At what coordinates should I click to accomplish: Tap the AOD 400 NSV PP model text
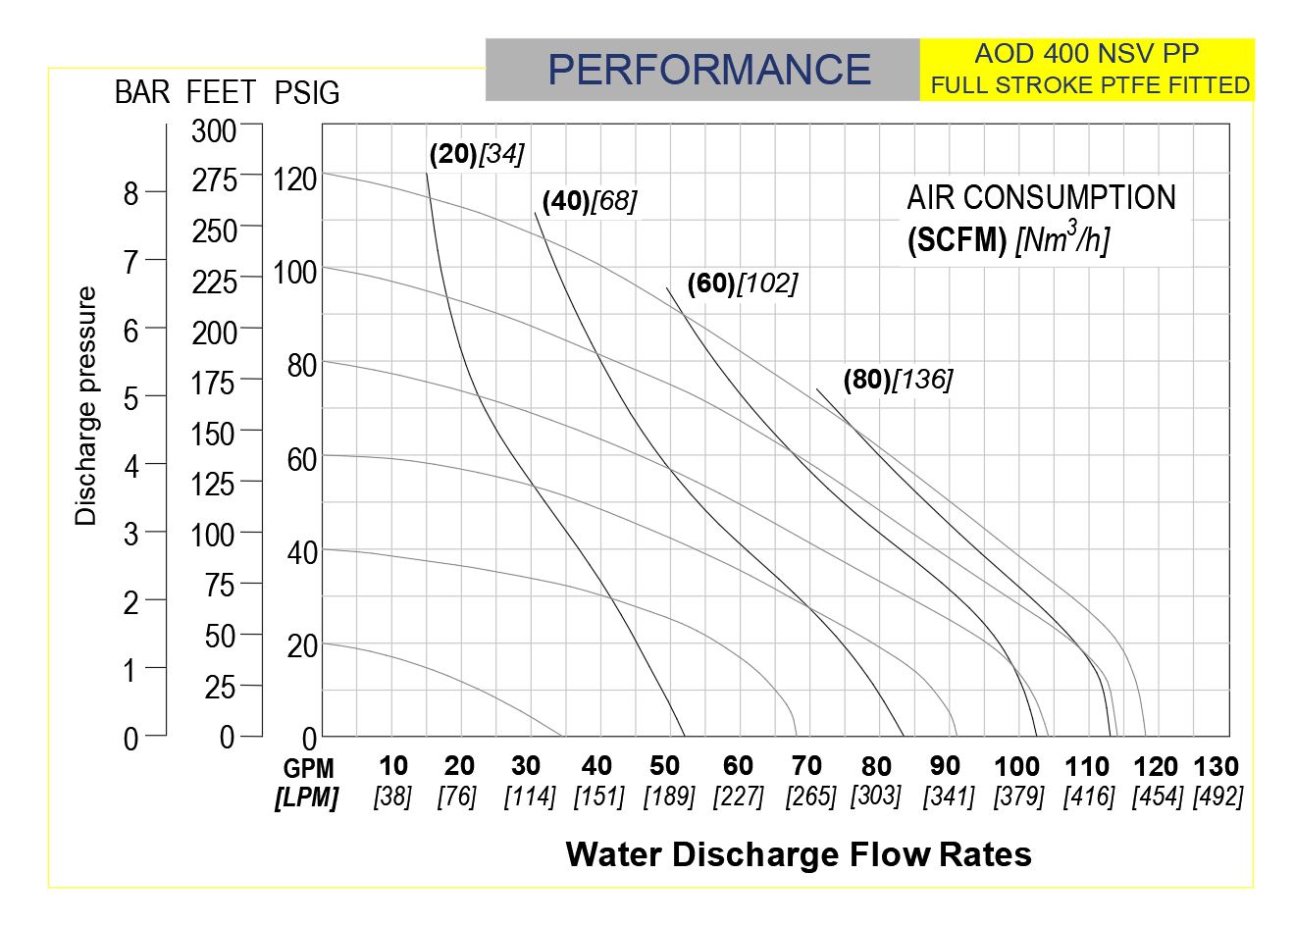[x=1086, y=54]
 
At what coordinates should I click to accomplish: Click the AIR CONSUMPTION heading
[x=1040, y=198]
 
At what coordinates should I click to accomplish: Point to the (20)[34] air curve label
[x=476, y=154]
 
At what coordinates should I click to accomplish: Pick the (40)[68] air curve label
[x=589, y=201]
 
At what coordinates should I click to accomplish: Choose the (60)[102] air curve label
[x=742, y=283]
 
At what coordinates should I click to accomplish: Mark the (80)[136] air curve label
[x=898, y=380]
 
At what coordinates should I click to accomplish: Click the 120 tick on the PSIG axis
[x=294, y=180]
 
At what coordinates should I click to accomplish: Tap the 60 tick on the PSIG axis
[x=301, y=459]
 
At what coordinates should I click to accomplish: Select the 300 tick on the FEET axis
[x=214, y=130]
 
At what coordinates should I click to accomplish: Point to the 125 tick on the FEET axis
[x=214, y=484]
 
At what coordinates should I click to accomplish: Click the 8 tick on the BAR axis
[x=131, y=194]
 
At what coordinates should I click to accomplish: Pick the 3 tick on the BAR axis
[x=131, y=535]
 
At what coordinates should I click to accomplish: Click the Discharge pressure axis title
[x=86, y=406]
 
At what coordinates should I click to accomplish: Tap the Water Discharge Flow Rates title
[x=798, y=854]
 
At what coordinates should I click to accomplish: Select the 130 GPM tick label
[x=1216, y=766]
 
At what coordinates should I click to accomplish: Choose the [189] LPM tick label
[x=668, y=797]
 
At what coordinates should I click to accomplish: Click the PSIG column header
[x=306, y=93]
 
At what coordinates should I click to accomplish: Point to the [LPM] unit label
[x=306, y=798]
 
